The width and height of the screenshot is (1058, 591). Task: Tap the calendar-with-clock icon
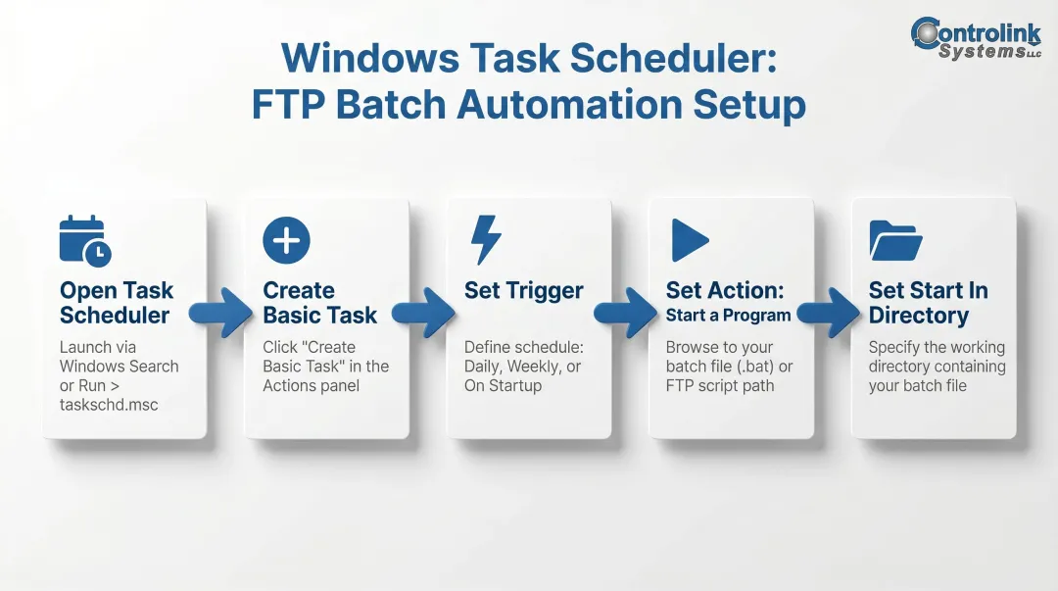pyautogui.click(x=85, y=240)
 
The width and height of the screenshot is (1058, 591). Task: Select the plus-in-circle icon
pyautogui.click(x=286, y=240)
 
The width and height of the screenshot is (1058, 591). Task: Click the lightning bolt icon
pyautogui.click(x=486, y=240)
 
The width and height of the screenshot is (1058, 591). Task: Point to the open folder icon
pyautogui.click(x=895, y=241)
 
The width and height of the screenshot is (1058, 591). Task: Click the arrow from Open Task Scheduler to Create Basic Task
pyautogui.click(x=221, y=312)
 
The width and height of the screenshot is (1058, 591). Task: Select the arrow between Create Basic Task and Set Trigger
pyautogui.click(x=424, y=313)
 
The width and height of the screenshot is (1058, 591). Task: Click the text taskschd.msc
pyautogui.click(x=109, y=405)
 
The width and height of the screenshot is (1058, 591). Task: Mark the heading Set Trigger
pyautogui.click(x=523, y=291)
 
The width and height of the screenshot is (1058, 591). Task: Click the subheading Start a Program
pyautogui.click(x=728, y=315)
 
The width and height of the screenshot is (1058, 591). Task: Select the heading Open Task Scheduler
pyautogui.click(x=116, y=303)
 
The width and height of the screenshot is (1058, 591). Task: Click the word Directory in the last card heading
pyautogui.click(x=918, y=316)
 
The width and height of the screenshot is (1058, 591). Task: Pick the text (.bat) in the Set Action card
pyautogui.click(x=756, y=367)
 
